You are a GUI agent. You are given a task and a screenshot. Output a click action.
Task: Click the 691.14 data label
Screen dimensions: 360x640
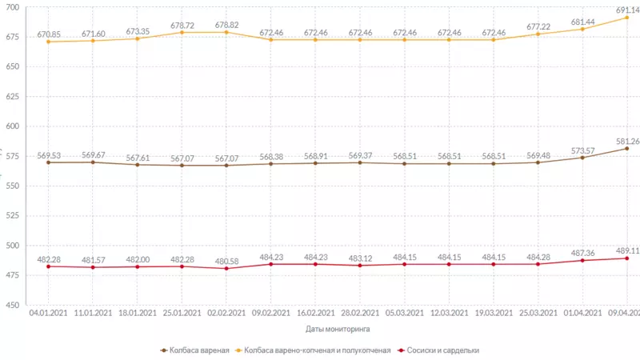[x=627, y=10]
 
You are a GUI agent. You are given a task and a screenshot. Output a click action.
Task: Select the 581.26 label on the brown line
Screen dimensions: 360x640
[x=627, y=141]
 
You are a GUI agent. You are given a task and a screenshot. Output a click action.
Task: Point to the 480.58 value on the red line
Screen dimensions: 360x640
[x=226, y=261]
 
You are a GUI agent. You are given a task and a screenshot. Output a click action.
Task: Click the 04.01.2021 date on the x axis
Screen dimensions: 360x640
[x=49, y=313]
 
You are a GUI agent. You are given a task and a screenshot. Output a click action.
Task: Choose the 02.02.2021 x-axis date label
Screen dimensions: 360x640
[x=226, y=313]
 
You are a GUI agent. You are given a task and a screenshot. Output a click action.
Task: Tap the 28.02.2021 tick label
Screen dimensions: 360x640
[x=360, y=313]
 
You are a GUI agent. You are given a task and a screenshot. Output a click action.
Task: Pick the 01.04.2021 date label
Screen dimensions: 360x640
[x=582, y=313]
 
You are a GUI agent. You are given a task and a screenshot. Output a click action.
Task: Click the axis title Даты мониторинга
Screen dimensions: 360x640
[x=338, y=328]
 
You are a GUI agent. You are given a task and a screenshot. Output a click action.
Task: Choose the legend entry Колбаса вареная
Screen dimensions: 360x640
[x=197, y=350]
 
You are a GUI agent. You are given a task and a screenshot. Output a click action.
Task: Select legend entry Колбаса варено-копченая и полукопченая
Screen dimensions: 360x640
[x=318, y=350]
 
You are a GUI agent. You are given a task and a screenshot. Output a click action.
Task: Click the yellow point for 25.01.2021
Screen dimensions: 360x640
[x=182, y=32]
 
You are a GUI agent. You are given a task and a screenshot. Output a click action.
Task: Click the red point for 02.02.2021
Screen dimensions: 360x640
[x=226, y=268]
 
